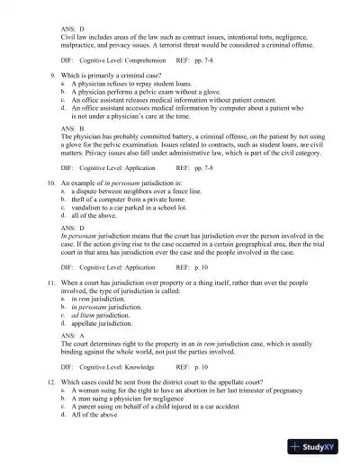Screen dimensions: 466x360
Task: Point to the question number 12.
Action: point(51,385)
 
